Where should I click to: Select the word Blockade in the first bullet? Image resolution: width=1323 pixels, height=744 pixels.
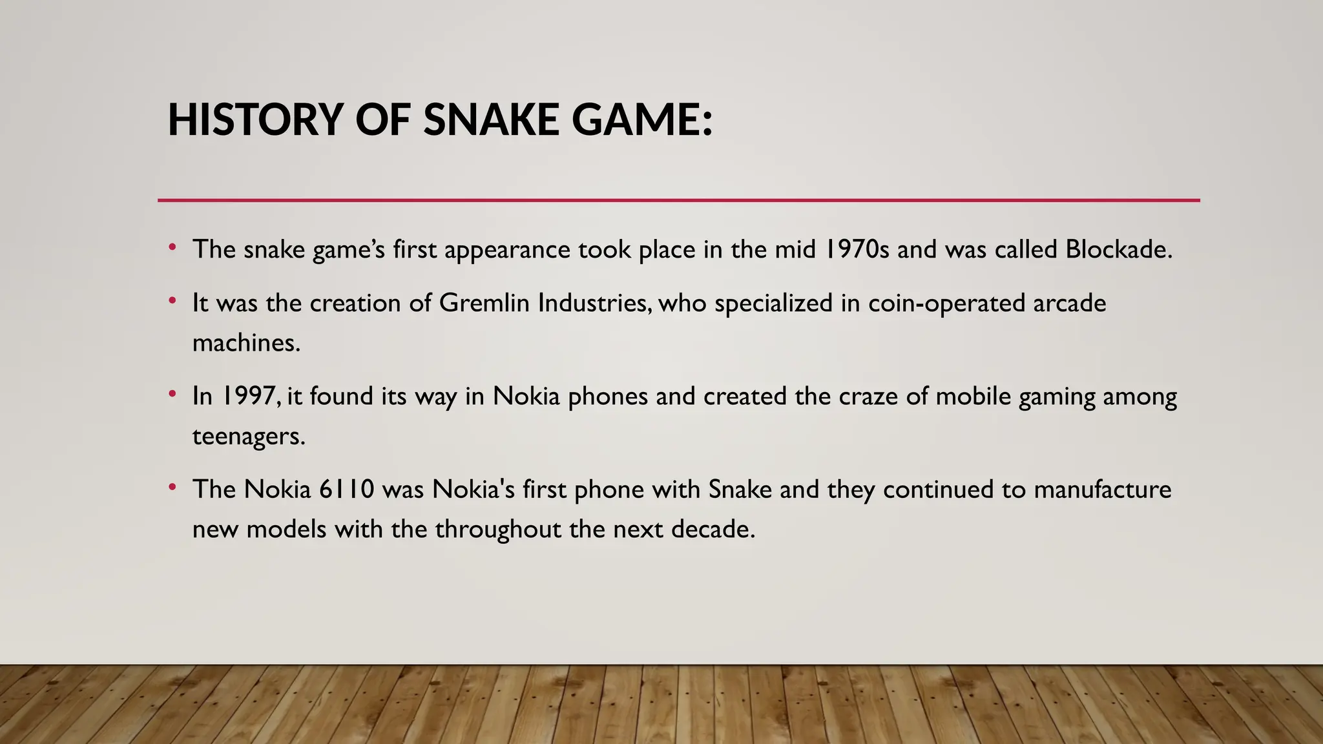1117,249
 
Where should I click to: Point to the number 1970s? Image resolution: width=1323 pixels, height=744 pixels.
857,249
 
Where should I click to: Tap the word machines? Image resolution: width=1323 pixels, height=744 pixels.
246,343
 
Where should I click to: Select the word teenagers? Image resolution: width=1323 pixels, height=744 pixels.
248,437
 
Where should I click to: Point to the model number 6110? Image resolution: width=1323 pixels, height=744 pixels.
347,490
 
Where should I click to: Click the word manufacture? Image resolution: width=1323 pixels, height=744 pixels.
1102,490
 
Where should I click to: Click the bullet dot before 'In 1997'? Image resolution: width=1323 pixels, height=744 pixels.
172,394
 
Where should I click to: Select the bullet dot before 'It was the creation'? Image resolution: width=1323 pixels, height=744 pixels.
172,301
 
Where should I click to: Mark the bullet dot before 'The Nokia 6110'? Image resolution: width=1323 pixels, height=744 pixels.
172,488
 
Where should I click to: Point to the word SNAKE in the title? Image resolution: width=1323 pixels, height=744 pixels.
490,121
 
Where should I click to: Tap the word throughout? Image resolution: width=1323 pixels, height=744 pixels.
498,530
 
